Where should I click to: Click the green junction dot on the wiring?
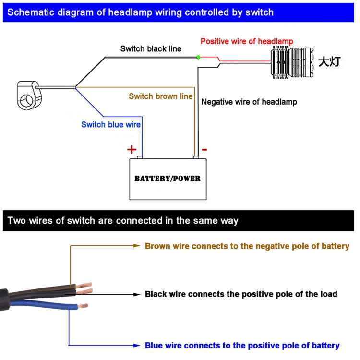[x=198, y=57]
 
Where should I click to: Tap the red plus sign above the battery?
[x=132, y=149]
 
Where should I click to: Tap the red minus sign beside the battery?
[x=204, y=150]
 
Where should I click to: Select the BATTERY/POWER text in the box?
[x=167, y=179]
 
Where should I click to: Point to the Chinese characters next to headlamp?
[x=330, y=62]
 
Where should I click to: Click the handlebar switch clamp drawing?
[x=28, y=93]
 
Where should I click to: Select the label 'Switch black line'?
[x=151, y=49]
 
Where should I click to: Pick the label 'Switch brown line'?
[x=161, y=96]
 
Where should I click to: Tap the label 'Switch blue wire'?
[x=111, y=125]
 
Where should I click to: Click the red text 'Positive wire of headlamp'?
[x=247, y=41]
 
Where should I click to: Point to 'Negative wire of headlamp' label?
[x=249, y=102]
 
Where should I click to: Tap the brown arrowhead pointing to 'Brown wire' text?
[x=136, y=245]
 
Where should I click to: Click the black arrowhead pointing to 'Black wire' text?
[x=136, y=294]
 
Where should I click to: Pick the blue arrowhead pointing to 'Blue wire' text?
[x=136, y=345]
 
